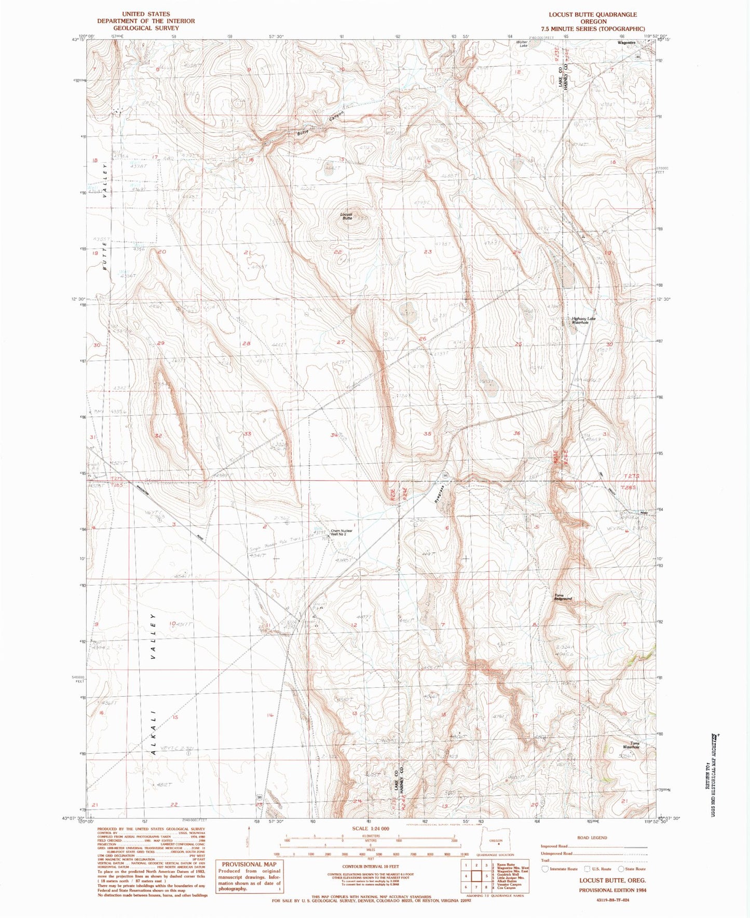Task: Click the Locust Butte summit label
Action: [x=347, y=216]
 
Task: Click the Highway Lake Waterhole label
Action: [x=583, y=321]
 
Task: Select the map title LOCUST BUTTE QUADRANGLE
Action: [x=593, y=15]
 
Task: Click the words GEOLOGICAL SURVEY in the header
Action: [x=145, y=28]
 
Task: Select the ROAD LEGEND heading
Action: [x=592, y=837]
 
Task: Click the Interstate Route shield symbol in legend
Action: [x=544, y=869]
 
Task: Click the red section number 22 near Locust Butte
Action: [x=338, y=252]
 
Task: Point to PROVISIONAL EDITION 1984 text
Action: [x=612, y=890]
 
